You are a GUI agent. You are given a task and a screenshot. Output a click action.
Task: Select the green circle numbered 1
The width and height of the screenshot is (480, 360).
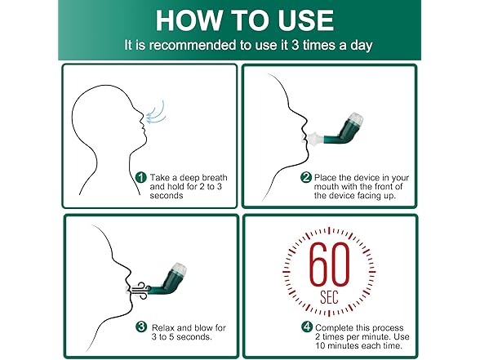pos(140,178)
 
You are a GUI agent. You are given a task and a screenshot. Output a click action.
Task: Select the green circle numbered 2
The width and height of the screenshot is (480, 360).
pos(306,178)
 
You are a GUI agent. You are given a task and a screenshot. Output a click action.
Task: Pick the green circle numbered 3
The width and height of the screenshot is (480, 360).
pos(141,327)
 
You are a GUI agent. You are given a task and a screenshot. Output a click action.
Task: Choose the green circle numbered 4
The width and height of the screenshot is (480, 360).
pos(307,327)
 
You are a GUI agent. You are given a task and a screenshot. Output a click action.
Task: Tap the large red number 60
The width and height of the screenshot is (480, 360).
pos(329,264)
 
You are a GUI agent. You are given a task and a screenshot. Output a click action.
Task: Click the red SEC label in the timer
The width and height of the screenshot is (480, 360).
pos(329,297)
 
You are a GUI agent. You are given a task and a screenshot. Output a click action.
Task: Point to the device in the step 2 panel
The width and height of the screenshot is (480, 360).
pos(334,131)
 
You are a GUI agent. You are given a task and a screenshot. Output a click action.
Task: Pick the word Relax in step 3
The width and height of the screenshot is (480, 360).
pos(163,327)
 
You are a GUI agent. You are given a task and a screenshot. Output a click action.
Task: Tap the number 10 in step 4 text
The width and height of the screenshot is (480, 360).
pos(320,345)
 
